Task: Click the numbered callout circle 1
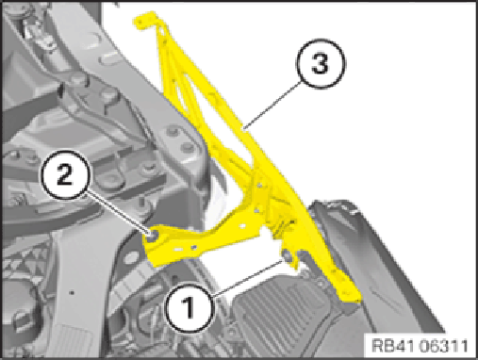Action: (x=190, y=308)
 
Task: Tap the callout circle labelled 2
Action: (x=65, y=174)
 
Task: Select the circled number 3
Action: (x=321, y=63)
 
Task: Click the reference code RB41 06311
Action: (x=420, y=346)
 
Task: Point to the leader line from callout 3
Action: (x=272, y=105)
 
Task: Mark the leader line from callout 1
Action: (x=247, y=278)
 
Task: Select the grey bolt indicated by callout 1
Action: (x=287, y=255)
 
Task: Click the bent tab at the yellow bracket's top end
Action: (x=145, y=22)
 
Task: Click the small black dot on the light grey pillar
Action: (x=72, y=293)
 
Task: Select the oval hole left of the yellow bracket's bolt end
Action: (x=129, y=258)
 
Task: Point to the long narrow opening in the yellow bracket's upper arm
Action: (x=183, y=91)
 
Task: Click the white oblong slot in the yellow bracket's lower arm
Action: (x=178, y=249)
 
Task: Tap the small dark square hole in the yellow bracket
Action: (x=292, y=222)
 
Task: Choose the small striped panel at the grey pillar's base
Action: (x=73, y=341)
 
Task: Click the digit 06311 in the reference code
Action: (x=444, y=346)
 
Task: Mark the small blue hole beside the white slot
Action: (x=194, y=247)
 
